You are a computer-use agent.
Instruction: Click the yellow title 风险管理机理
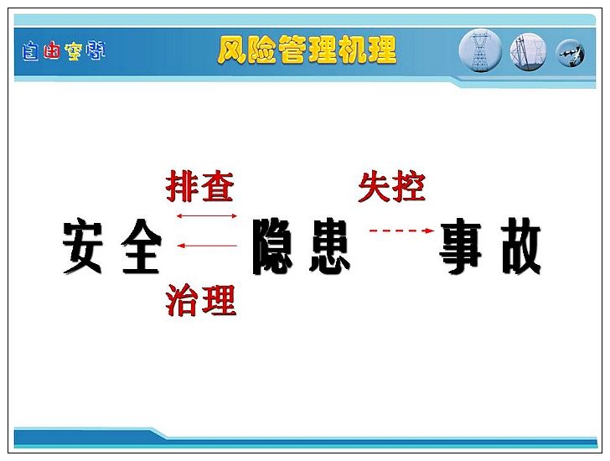(307, 49)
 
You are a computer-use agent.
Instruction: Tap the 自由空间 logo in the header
(64, 51)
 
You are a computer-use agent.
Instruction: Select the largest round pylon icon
(481, 50)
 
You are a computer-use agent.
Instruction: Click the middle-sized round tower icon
(528, 52)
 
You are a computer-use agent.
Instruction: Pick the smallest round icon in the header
(571, 54)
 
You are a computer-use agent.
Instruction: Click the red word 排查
(200, 186)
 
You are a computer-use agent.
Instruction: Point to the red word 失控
(392, 187)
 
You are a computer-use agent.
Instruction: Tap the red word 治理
(201, 299)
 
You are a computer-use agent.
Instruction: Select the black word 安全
(112, 246)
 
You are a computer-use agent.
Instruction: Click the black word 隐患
(302, 246)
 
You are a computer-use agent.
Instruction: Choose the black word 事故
(490, 246)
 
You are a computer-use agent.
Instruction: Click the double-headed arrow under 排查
(207, 216)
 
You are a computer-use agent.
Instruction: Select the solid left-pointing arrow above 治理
(207, 246)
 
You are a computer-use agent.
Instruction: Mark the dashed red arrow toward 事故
(402, 230)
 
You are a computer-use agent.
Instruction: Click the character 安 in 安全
(83, 246)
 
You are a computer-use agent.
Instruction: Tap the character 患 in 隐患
(330, 246)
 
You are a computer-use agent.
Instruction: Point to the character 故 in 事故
(521, 246)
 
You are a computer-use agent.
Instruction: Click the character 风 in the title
(232, 50)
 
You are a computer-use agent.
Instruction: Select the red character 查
(218, 186)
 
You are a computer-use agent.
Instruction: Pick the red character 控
(409, 187)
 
